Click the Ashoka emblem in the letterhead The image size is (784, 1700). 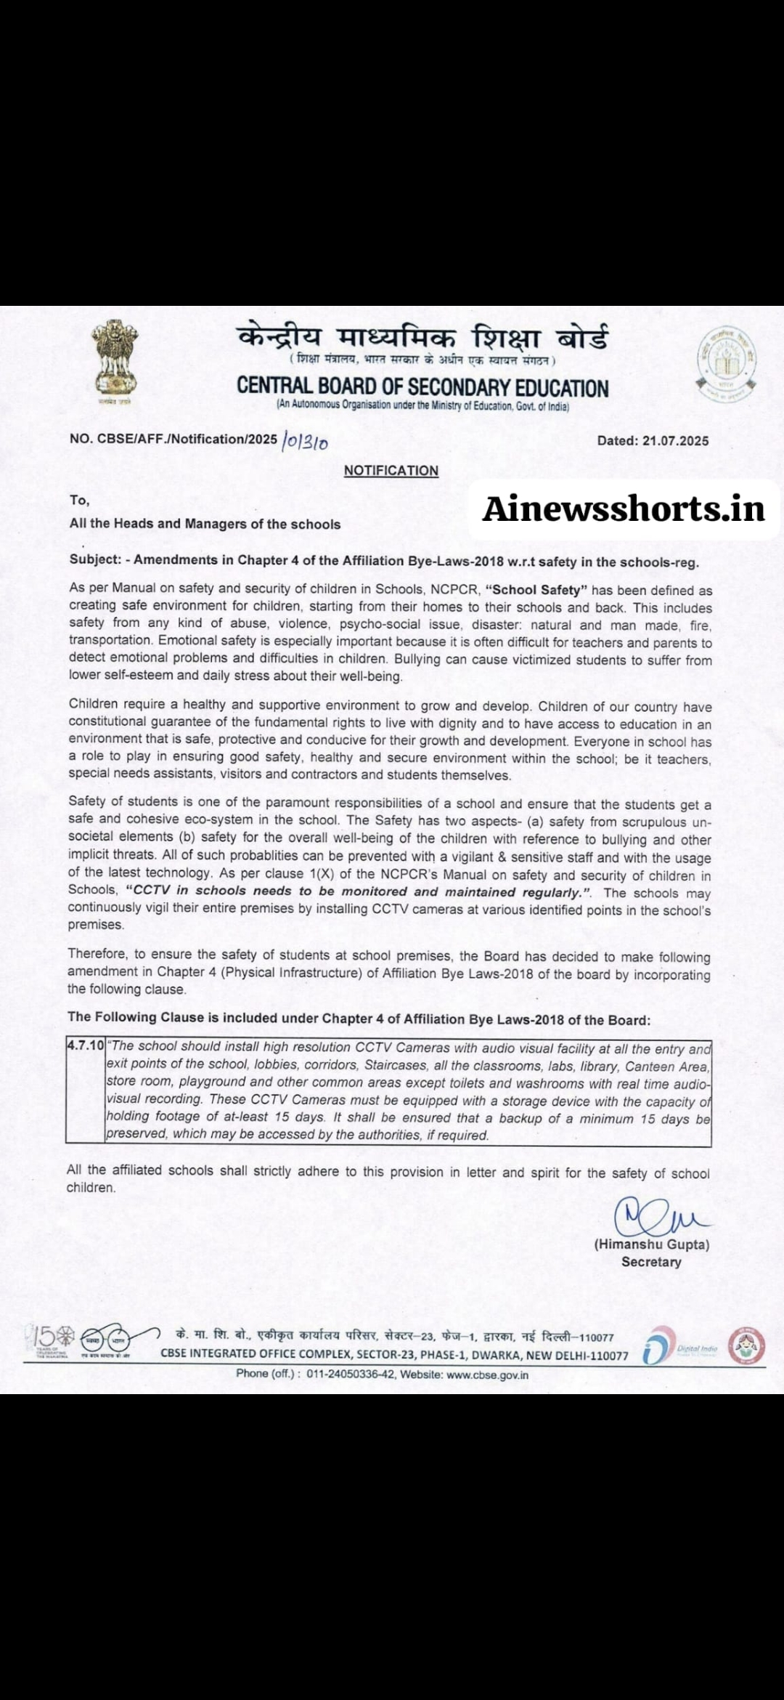114,361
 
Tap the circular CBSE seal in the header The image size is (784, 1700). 726,363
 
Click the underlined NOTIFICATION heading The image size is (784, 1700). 391,471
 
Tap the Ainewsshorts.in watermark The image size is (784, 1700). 624,509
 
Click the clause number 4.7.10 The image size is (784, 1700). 86,1045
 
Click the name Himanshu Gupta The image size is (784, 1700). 652,1244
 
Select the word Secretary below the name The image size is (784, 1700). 651,1262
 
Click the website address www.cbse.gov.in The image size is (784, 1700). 487,1375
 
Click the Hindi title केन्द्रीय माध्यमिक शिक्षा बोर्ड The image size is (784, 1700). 422,338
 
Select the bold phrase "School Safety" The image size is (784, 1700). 536,590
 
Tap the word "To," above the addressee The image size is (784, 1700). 80,500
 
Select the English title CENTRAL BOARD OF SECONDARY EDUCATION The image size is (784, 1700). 422,386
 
